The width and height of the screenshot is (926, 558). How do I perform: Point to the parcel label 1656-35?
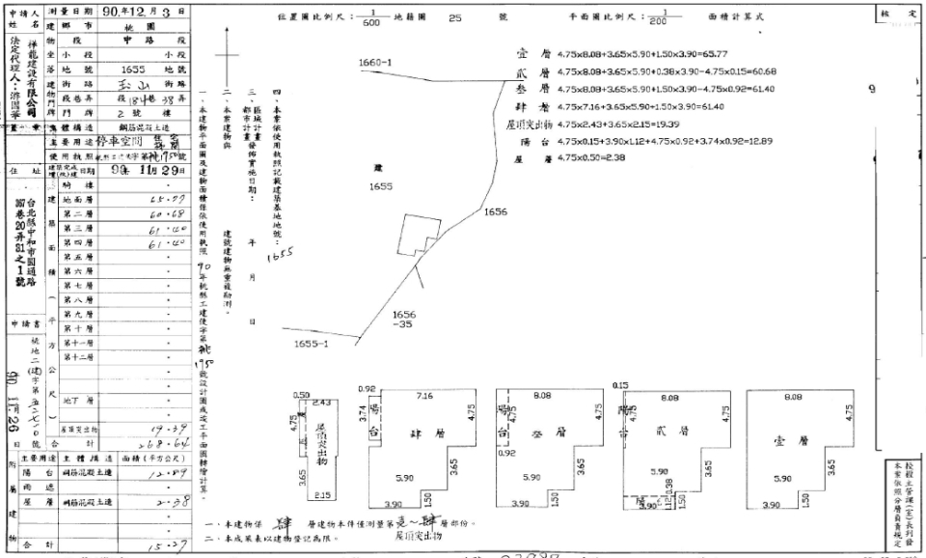click(405, 320)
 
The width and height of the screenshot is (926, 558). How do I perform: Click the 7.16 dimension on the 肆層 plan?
click(424, 396)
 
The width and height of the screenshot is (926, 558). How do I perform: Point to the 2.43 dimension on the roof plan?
click(322, 402)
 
